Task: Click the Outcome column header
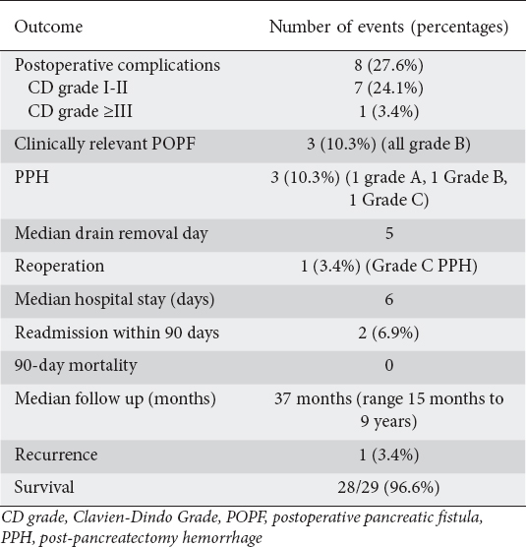click(x=48, y=27)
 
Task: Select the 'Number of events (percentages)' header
click(x=388, y=27)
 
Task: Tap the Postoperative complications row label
click(x=117, y=65)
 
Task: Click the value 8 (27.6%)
click(x=388, y=65)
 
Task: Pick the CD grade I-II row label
click(x=78, y=88)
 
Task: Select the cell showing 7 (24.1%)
click(x=388, y=88)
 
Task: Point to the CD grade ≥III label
click(x=81, y=111)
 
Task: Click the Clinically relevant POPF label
click(x=105, y=144)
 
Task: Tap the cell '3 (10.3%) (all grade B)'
click(x=388, y=144)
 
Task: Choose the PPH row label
click(x=31, y=177)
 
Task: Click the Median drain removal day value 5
click(x=389, y=233)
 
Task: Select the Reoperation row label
click(x=59, y=266)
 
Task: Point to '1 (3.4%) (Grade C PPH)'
click(x=388, y=267)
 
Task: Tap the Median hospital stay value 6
click(x=389, y=299)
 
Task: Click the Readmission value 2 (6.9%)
click(x=388, y=333)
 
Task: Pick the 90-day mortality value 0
click(x=389, y=365)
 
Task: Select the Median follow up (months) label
click(x=115, y=398)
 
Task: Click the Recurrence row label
click(x=56, y=455)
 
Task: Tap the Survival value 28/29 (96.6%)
click(x=388, y=487)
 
